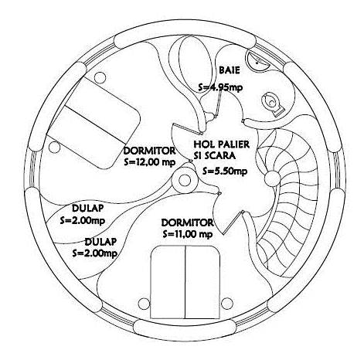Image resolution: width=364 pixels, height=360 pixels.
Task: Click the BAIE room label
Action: click(230, 70)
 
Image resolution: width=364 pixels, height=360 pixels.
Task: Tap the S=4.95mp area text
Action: click(220, 87)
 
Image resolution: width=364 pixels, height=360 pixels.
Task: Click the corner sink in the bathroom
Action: click(258, 60)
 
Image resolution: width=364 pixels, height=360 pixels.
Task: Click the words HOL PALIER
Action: click(222, 144)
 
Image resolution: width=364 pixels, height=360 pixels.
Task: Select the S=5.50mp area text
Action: click(225, 171)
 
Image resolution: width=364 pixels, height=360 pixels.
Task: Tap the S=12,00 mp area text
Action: click(150, 162)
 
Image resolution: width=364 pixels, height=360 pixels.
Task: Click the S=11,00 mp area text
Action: click(188, 234)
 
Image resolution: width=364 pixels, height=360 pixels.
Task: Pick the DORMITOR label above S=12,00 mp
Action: click(149, 151)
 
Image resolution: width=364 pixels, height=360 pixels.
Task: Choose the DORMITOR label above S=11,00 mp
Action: click(187, 222)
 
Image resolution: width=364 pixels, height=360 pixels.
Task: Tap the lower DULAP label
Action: click(100, 242)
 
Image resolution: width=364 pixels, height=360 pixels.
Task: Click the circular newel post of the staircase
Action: click(272, 178)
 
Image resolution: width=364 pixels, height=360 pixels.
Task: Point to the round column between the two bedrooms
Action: click(185, 181)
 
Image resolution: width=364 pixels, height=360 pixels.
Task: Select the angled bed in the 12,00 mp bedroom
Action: click(94, 122)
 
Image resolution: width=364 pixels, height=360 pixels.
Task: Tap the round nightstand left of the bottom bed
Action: click(144, 304)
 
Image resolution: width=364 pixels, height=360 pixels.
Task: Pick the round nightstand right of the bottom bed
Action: click(227, 304)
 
